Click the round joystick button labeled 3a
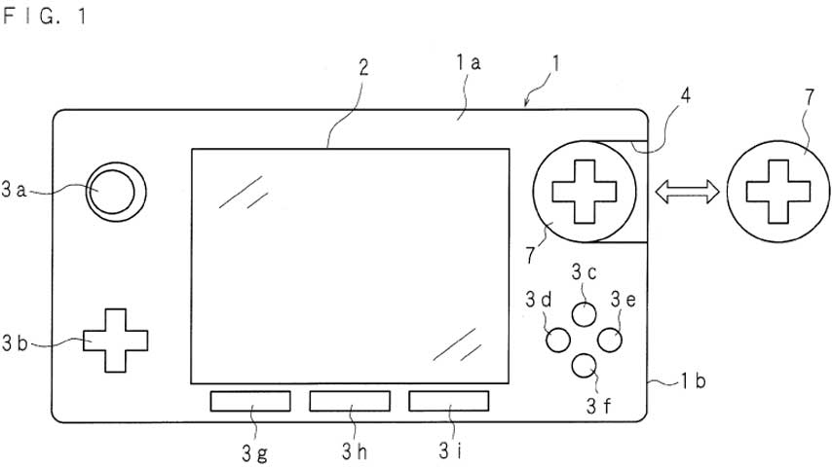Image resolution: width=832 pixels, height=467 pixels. (116, 192)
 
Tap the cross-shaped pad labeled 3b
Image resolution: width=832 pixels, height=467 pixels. (115, 341)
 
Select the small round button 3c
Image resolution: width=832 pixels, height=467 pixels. (585, 314)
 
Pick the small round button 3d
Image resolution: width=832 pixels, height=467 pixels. (558, 340)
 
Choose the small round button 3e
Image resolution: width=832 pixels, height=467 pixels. (610, 340)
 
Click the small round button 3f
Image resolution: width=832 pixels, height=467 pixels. (585, 366)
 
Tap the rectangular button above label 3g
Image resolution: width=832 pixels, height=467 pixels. (250, 401)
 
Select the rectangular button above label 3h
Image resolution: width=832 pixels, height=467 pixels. (350, 401)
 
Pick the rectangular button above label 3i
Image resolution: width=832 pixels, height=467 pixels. (449, 401)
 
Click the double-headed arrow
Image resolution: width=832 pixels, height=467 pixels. (687, 192)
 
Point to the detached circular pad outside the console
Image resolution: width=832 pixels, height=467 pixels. (777, 192)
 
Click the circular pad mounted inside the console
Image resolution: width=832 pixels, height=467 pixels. (585, 192)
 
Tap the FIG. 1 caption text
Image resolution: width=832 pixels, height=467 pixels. (44, 16)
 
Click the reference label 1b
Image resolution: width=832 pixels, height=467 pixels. (693, 380)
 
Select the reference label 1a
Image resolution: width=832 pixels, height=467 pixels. (468, 63)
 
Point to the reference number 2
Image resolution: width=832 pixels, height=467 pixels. (363, 68)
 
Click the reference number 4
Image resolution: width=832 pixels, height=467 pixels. (686, 96)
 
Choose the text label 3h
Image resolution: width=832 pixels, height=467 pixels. (355, 451)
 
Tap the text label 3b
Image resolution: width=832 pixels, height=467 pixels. (15, 343)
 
